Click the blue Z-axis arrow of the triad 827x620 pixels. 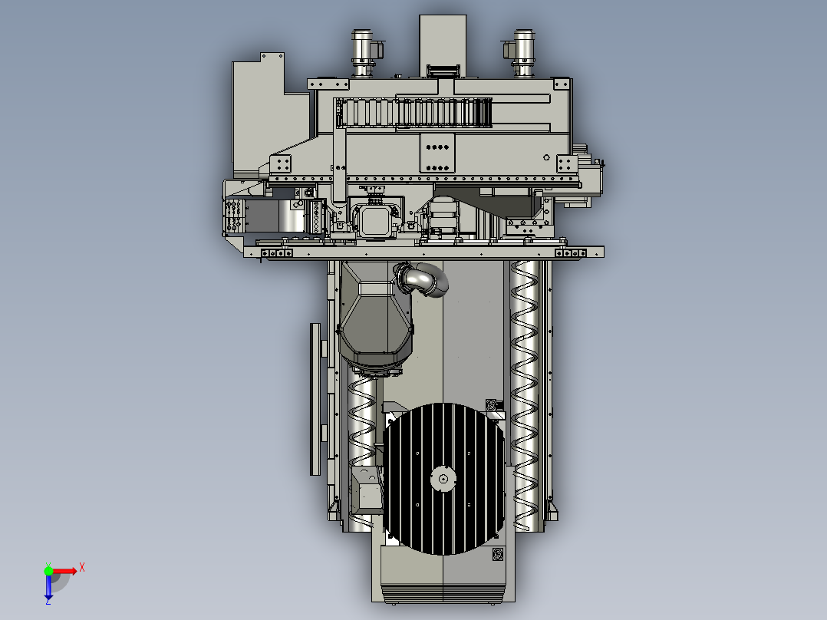[48, 585]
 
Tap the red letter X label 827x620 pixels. [82, 568]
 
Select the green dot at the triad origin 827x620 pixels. [48, 571]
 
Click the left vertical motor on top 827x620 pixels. [363, 53]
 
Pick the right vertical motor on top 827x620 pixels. [522, 53]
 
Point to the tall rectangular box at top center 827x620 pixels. [443, 45]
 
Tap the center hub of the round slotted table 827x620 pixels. [443, 479]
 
